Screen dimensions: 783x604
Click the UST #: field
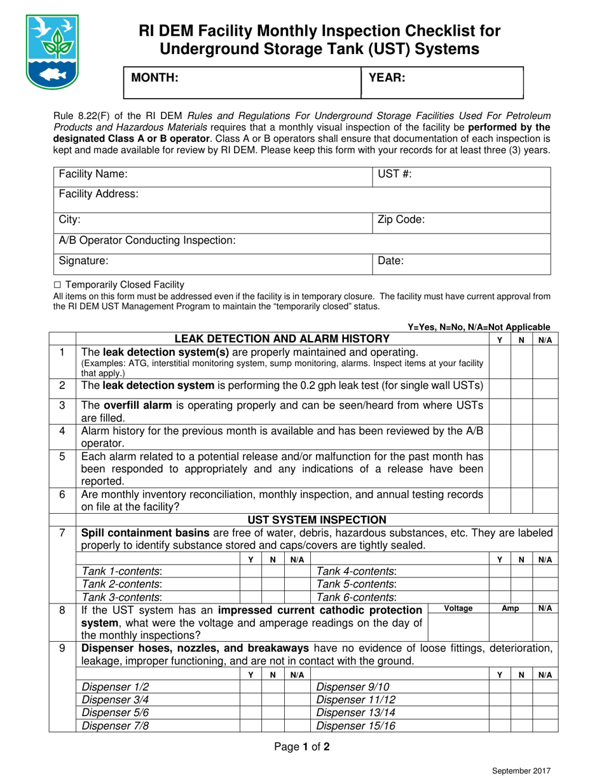pos(461,174)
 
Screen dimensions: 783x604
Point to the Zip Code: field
pos(461,220)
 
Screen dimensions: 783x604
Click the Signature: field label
pos(83,260)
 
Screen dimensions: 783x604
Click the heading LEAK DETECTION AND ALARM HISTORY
pos(282,338)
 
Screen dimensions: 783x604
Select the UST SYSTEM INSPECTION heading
pos(316,520)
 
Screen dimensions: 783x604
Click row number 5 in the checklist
pos(62,456)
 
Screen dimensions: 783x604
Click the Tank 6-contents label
pos(357,596)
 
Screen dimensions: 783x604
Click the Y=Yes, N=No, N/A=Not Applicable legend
pos(479,326)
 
